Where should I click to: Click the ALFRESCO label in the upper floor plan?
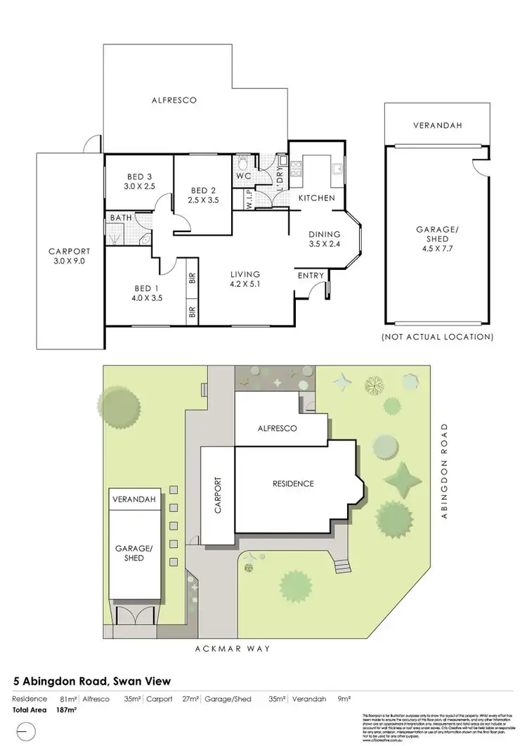click(x=174, y=101)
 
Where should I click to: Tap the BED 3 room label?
click(x=140, y=176)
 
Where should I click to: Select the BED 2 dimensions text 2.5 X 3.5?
click(x=204, y=200)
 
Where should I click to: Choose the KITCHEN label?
click(x=317, y=198)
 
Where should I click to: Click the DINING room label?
click(x=325, y=235)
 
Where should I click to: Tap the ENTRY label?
click(x=311, y=276)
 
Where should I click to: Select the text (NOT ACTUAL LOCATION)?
click(x=437, y=337)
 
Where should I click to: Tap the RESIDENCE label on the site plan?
click(x=293, y=484)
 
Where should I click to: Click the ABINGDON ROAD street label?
click(x=444, y=472)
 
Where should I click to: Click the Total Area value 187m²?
click(x=65, y=710)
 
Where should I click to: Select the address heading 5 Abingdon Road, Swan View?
click(x=92, y=681)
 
